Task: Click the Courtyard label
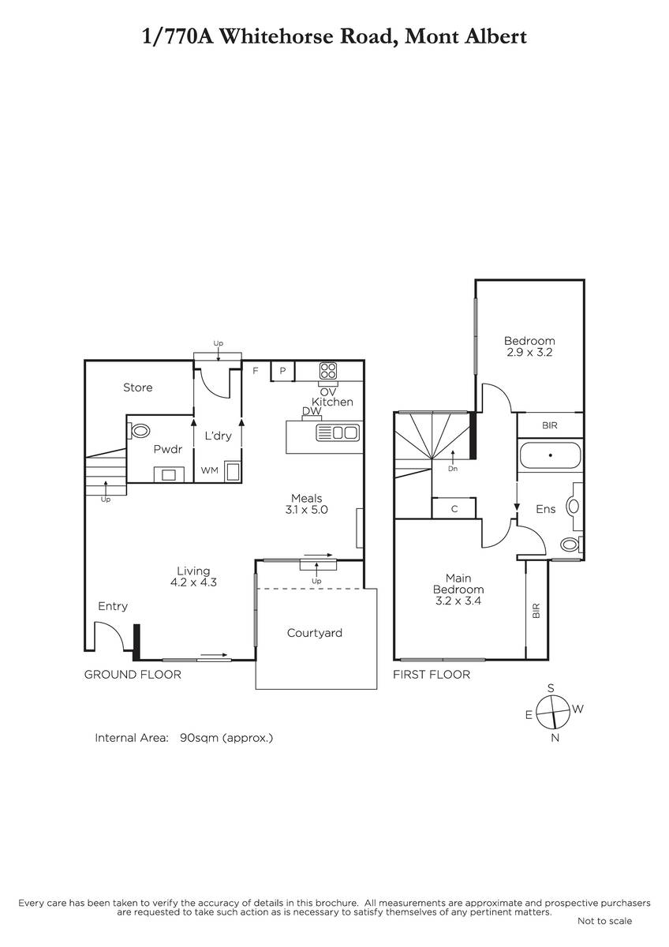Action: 315,633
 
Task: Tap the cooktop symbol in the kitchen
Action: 328,371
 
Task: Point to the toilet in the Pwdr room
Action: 140,432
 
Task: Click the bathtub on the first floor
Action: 550,455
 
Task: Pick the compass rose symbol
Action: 553,713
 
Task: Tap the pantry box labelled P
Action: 282,371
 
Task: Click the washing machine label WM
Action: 210,470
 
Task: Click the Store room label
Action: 138,387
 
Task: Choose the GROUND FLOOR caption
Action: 133,674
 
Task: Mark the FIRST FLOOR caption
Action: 432,674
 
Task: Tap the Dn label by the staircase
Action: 453,469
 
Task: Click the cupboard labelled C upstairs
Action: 454,508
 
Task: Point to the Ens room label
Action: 546,509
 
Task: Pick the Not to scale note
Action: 605,921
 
